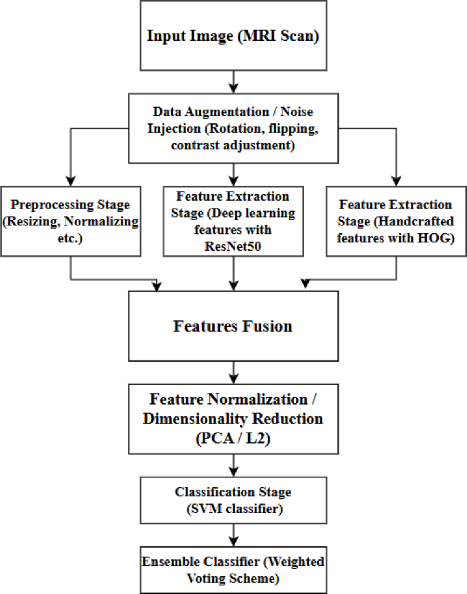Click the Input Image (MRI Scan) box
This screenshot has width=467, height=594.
pyautogui.click(x=233, y=35)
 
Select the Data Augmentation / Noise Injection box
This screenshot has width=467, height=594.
pyautogui.click(x=233, y=127)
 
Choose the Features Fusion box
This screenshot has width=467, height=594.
pyautogui.click(x=233, y=326)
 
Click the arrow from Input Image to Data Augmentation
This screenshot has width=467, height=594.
pyautogui.click(x=233, y=80)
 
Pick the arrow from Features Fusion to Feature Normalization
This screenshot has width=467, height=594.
pyautogui.click(x=233, y=372)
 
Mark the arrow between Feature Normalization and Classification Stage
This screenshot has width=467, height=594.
pyautogui.click(x=233, y=465)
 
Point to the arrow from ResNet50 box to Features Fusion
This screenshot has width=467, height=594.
pyautogui.click(x=233, y=273)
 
